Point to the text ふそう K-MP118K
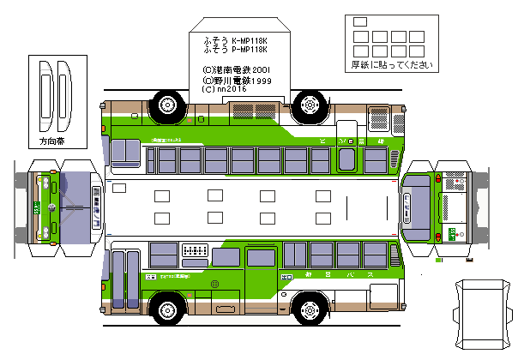tap(235, 40)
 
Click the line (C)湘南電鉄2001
tap(238, 69)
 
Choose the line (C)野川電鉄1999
tap(238, 79)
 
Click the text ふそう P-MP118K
tap(235, 50)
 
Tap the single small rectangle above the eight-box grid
tap(359, 22)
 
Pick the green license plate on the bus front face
tap(37, 207)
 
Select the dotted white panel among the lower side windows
tap(195, 252)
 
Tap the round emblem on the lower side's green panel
tap(216, 284)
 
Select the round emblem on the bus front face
tap(53, 207)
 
